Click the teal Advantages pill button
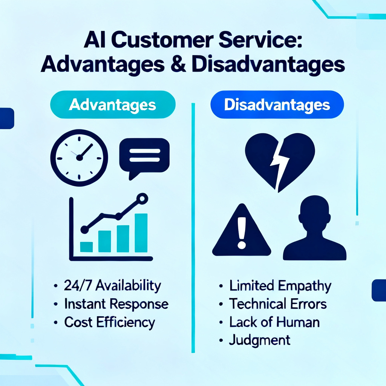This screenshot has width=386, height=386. click(113, 105)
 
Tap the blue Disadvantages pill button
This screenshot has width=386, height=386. click(277, 105)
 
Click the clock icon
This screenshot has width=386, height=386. click(79, 158)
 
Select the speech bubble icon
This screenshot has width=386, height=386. click(144, 158)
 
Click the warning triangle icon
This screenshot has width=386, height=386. click(242, 230)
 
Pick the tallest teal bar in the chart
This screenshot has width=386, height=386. click(141, 233)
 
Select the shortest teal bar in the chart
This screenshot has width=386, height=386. click(86, 247)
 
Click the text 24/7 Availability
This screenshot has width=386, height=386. click(112, 286)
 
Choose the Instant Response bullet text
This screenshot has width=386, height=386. click(116, 304)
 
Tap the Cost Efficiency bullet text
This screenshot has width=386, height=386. click(110, 323)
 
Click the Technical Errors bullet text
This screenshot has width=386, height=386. click(278, 304)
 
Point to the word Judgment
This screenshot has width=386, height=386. click(259, 341)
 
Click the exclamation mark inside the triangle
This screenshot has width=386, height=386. click(242, 233)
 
